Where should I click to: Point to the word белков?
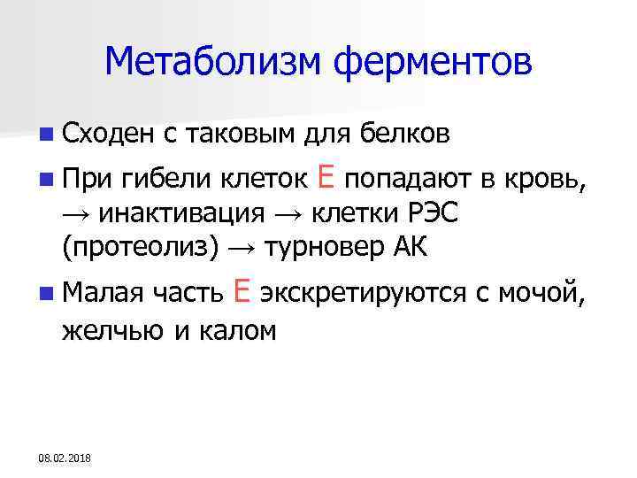point(407,134)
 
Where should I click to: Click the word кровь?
point(545,181)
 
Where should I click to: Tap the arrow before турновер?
point(241,249)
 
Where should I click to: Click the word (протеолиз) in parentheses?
point(140,249)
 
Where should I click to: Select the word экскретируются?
point(365,292)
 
